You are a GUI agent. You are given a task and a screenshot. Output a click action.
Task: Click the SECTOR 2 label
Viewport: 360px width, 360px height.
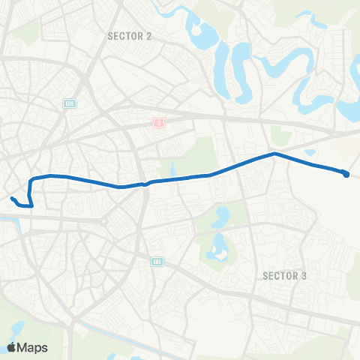coord(130,35)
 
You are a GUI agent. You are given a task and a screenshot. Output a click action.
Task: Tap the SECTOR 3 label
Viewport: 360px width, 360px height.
coord(285,275)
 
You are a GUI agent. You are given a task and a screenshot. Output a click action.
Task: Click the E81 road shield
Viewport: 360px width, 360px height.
coord(157,261)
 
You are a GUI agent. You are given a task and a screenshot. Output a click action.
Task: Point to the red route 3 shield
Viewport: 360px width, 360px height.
coord(158,121)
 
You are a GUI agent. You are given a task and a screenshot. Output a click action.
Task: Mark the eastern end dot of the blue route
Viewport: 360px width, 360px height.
coord(346,175)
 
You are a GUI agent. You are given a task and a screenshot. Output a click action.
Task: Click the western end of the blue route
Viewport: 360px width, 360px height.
coord(12,199)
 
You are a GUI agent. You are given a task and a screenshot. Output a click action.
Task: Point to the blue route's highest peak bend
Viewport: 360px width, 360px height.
coord(274,154)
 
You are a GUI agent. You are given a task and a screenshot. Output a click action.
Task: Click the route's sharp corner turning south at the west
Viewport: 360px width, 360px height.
coord(31,181)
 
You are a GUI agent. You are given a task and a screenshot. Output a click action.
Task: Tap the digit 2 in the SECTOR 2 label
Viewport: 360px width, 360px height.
coord(149,35)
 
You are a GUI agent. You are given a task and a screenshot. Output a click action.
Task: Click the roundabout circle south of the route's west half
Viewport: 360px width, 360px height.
coord(106,222)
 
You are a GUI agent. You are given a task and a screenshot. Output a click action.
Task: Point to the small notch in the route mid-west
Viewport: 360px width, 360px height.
coord(144,183)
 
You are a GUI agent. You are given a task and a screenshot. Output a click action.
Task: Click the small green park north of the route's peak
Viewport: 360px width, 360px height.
coord(281,136)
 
